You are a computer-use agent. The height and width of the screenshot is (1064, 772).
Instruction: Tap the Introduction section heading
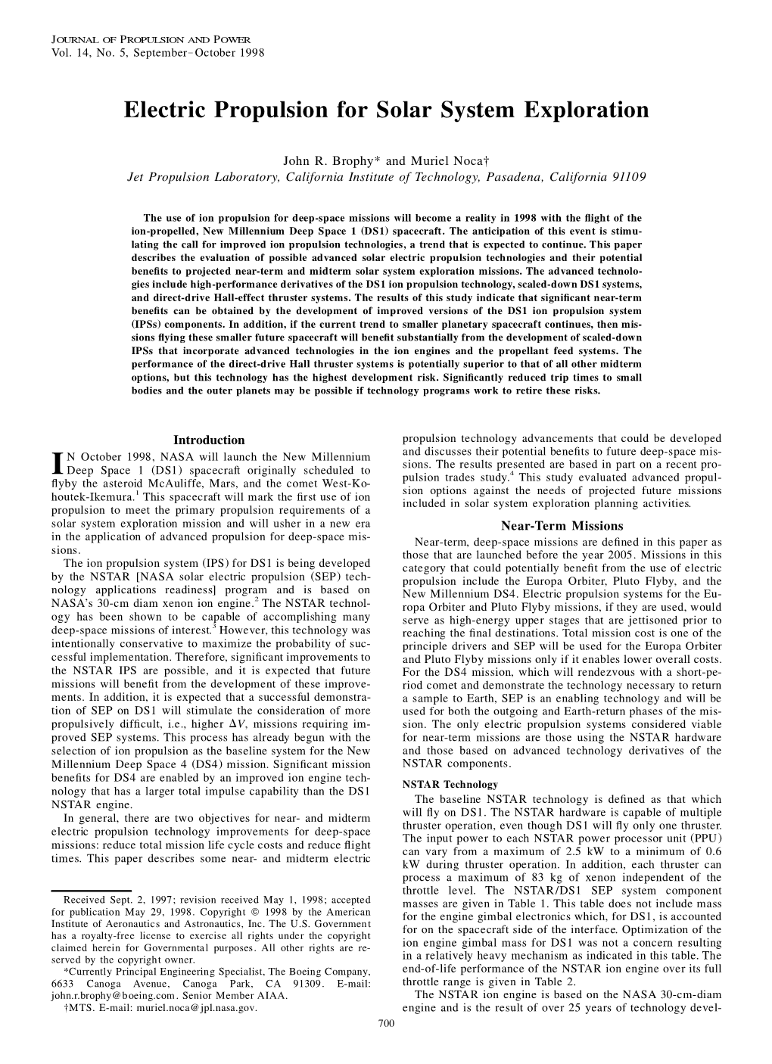(209, 440)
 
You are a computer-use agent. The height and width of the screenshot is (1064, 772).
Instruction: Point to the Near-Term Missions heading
(562, 526)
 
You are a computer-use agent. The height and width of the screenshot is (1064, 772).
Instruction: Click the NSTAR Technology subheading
(450, 784)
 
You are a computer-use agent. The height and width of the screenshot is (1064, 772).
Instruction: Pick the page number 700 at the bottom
(385, 1022)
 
